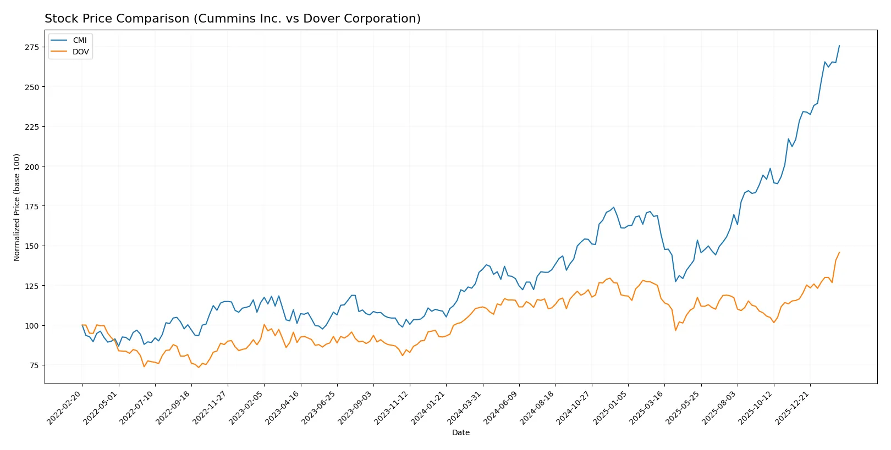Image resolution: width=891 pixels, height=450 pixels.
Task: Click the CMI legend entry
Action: pyautogui.click(x=79, y=40)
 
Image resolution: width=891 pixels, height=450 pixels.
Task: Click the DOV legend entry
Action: pyautogui.click(x=80, y=52)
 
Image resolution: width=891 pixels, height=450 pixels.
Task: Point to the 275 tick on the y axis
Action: pyautogui.click(x=31, y=47)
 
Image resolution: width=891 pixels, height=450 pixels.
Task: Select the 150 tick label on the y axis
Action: pyautogui.click(x=31, y=246)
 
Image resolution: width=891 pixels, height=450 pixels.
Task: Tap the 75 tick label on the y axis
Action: pyautogui.click(x=34, y=365)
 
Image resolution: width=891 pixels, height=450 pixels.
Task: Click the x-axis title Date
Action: pyautogui.click(x=460, y=432)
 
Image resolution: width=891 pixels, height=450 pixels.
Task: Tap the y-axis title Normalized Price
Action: pyautogui.click(x=16, y=207)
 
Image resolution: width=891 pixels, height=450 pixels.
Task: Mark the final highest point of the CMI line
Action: pyautogui.click(x=839, y=46)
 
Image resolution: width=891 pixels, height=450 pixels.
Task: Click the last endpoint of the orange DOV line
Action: pyautogui.click(x=839, y=253)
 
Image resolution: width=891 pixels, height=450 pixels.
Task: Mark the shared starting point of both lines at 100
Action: pyautogui.click(x=82, y=325)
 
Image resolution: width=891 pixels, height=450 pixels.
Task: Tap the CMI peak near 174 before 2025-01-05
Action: pyautogui.click(x=613, y=208)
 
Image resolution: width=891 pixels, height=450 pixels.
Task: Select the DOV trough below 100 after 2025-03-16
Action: pyautogui.click(x=675, y=330)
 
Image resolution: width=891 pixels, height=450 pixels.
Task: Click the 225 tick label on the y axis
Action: pyautogui.click(x=31, y=127)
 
